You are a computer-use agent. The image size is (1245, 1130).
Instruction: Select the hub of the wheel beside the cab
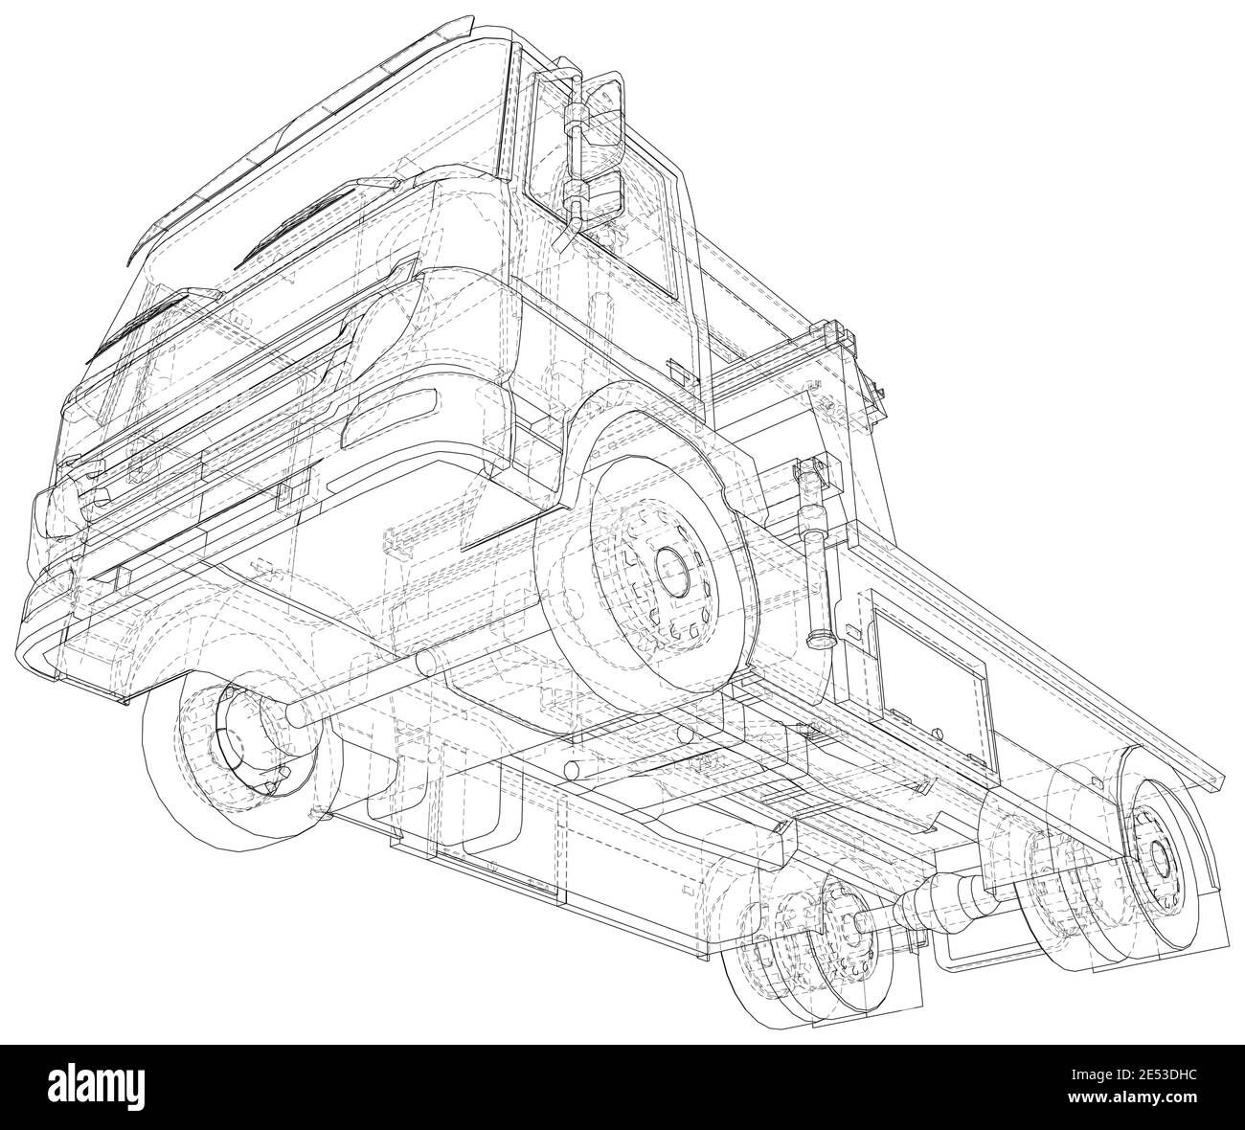pos(671,573)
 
